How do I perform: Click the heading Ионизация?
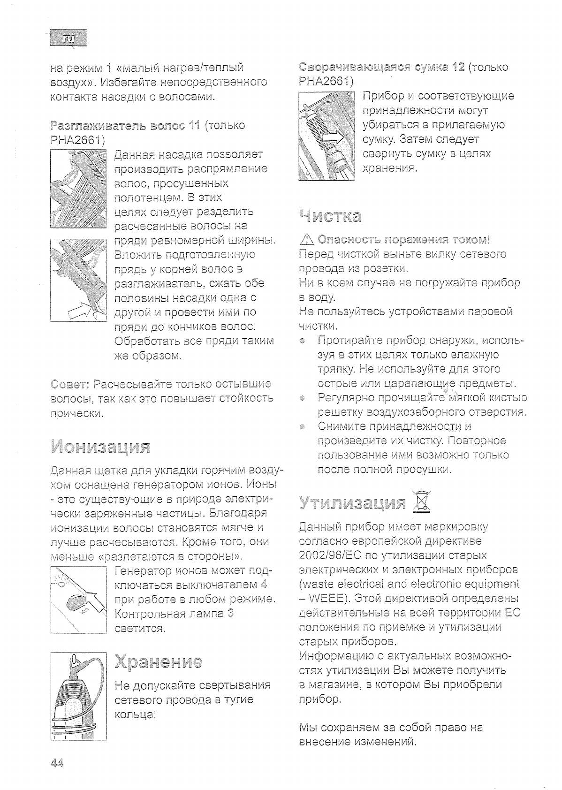tap(100, 447)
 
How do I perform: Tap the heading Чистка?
tap(330, 216)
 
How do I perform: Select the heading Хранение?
tap(159, 661)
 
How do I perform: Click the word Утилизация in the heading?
tap(352, 503)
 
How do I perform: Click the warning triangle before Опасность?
tap(307, 240)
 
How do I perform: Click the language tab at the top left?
tap(68, 38)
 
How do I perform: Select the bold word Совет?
tap(69, 384)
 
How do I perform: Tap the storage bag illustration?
tap(327, 136)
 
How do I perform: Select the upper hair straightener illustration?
tap(78, 189)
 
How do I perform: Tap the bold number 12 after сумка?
tap(458, 67)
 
